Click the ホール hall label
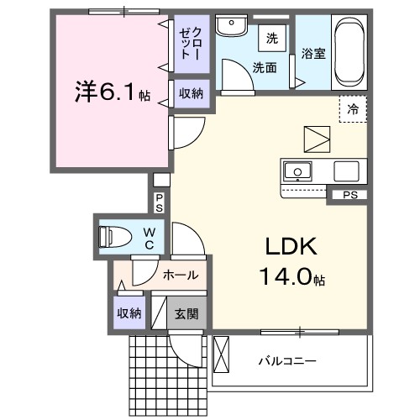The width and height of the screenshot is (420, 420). [180, 275]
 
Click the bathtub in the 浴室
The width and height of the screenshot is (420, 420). [349, 52]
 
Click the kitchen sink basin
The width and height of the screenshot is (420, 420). [296, 172]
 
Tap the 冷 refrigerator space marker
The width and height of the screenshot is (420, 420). [353, 109]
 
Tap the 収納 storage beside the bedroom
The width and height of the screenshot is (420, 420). [191, 93]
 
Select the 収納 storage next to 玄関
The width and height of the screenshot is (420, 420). [129, 313]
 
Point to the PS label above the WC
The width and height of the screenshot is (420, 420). [160, 202]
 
